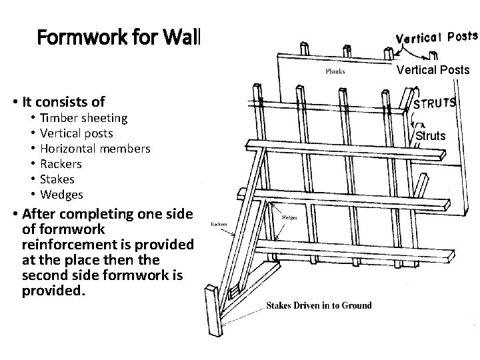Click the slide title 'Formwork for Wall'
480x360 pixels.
118,37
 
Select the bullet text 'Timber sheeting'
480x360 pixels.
83,118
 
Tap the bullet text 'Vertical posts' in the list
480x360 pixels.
77,133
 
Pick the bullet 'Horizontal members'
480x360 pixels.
95,149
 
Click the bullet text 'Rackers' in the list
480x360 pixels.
61,164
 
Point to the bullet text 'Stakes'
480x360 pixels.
57,179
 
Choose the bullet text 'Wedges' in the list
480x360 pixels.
61,195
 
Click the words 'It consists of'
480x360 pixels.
63,102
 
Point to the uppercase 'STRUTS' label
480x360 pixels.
435,104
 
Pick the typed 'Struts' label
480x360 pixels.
431,136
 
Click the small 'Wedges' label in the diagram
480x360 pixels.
289,217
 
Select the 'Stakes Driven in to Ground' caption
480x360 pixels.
319,305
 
